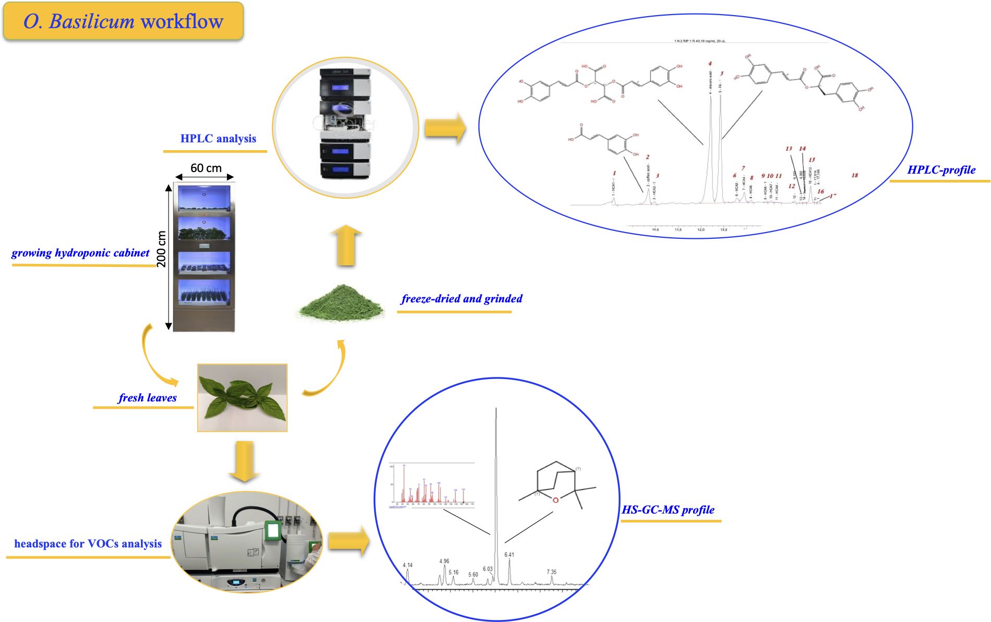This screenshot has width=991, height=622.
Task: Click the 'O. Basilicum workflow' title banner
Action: pos(123,21)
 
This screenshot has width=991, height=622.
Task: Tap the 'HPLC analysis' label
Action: pos(218,139)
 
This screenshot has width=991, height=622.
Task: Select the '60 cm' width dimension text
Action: pos(206,168)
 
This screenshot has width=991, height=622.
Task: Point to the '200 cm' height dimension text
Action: pos(162,249)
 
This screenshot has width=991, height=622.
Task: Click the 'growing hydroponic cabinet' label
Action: pos(80,253)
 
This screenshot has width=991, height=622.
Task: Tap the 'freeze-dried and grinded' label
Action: pos(461,299)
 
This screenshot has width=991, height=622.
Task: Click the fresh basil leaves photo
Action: pos(242,398)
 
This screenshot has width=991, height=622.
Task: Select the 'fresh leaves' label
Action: pos(147,398)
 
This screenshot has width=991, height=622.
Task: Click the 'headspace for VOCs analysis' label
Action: pos(88,544)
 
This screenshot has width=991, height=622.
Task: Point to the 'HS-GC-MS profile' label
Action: pos(668,510)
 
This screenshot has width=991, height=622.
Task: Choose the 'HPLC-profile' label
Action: pos(941,170)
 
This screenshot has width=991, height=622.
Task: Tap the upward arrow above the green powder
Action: pos(346,245)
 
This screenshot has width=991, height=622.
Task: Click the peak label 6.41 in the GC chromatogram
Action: pos(509,555)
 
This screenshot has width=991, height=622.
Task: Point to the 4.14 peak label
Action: pos(408,565)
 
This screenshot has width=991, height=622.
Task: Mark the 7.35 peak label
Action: pos(552,572)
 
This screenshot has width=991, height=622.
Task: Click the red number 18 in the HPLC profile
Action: pos(855,175)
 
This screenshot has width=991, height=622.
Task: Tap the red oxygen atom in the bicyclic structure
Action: pos(555,500)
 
